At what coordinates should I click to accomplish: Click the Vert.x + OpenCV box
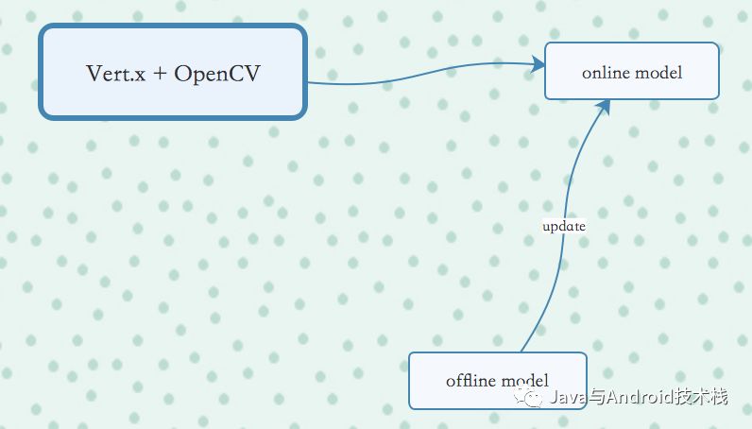point(173,73)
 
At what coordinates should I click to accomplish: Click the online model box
point(631,72)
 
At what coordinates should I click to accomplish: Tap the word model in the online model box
point(658,73)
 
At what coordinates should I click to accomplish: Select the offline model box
point(497,380)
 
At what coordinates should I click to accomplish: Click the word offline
point(470,381)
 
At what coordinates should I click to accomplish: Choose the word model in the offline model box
point(524,381)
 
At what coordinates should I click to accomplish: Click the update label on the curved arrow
point(564,227)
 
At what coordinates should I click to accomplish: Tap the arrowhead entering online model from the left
point(538,65)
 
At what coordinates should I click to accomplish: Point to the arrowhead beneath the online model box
point(603,107)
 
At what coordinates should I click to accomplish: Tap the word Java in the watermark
point(566,398)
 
